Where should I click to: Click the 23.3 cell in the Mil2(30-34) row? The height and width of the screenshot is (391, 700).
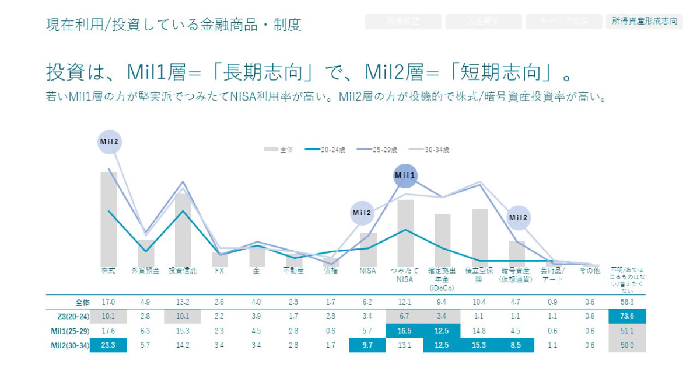pyautogui.click(x=108, y=345)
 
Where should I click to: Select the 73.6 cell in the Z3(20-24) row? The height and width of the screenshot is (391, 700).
pyautogui.click(x=627, y=316)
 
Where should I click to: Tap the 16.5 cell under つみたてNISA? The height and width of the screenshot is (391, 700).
pyautogui.click(x=405, y=331)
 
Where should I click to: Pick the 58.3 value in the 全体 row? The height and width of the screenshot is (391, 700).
pyautogui.click(x=627, y=302)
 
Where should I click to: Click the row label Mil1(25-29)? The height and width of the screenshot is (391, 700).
pyautogui.click(x=70, y=331)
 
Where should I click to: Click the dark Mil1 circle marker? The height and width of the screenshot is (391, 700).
pyautogui.click(x=405, y=175)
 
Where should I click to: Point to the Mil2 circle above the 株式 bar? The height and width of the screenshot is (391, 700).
pyautogui.click(x=109, y=141)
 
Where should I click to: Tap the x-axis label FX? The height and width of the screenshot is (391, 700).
pyautogui.click(x=219, y=271)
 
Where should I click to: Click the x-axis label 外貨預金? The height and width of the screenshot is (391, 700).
pyautogui.click(x=145, y=271)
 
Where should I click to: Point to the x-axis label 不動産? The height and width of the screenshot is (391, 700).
pyautogui.click(x=293, y=271)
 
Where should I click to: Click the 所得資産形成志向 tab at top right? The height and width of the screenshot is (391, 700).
pyautogui.click(x=645, y=22)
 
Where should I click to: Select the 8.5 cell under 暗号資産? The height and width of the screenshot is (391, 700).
pyautogui.click(x=516, y=345)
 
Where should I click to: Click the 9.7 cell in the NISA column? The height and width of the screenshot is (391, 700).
pyautogui.click(x=367, y=345)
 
